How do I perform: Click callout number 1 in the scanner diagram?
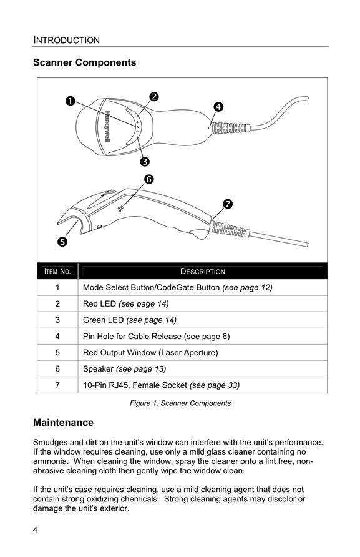71,101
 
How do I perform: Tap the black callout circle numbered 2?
153,97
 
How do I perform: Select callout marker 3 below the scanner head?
145,162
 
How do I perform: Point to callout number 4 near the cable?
218,107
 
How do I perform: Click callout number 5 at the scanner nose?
62,242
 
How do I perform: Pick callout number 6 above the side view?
148,179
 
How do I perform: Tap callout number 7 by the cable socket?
228,204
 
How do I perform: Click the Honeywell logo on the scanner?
107,127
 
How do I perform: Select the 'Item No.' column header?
57,272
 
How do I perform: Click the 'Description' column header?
203,272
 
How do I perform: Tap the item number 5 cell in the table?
57,353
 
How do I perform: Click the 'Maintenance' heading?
63,423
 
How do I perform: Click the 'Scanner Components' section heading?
84,62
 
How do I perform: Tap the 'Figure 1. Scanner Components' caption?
180,403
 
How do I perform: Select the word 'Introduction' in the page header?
66,40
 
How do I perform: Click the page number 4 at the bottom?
35,530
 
